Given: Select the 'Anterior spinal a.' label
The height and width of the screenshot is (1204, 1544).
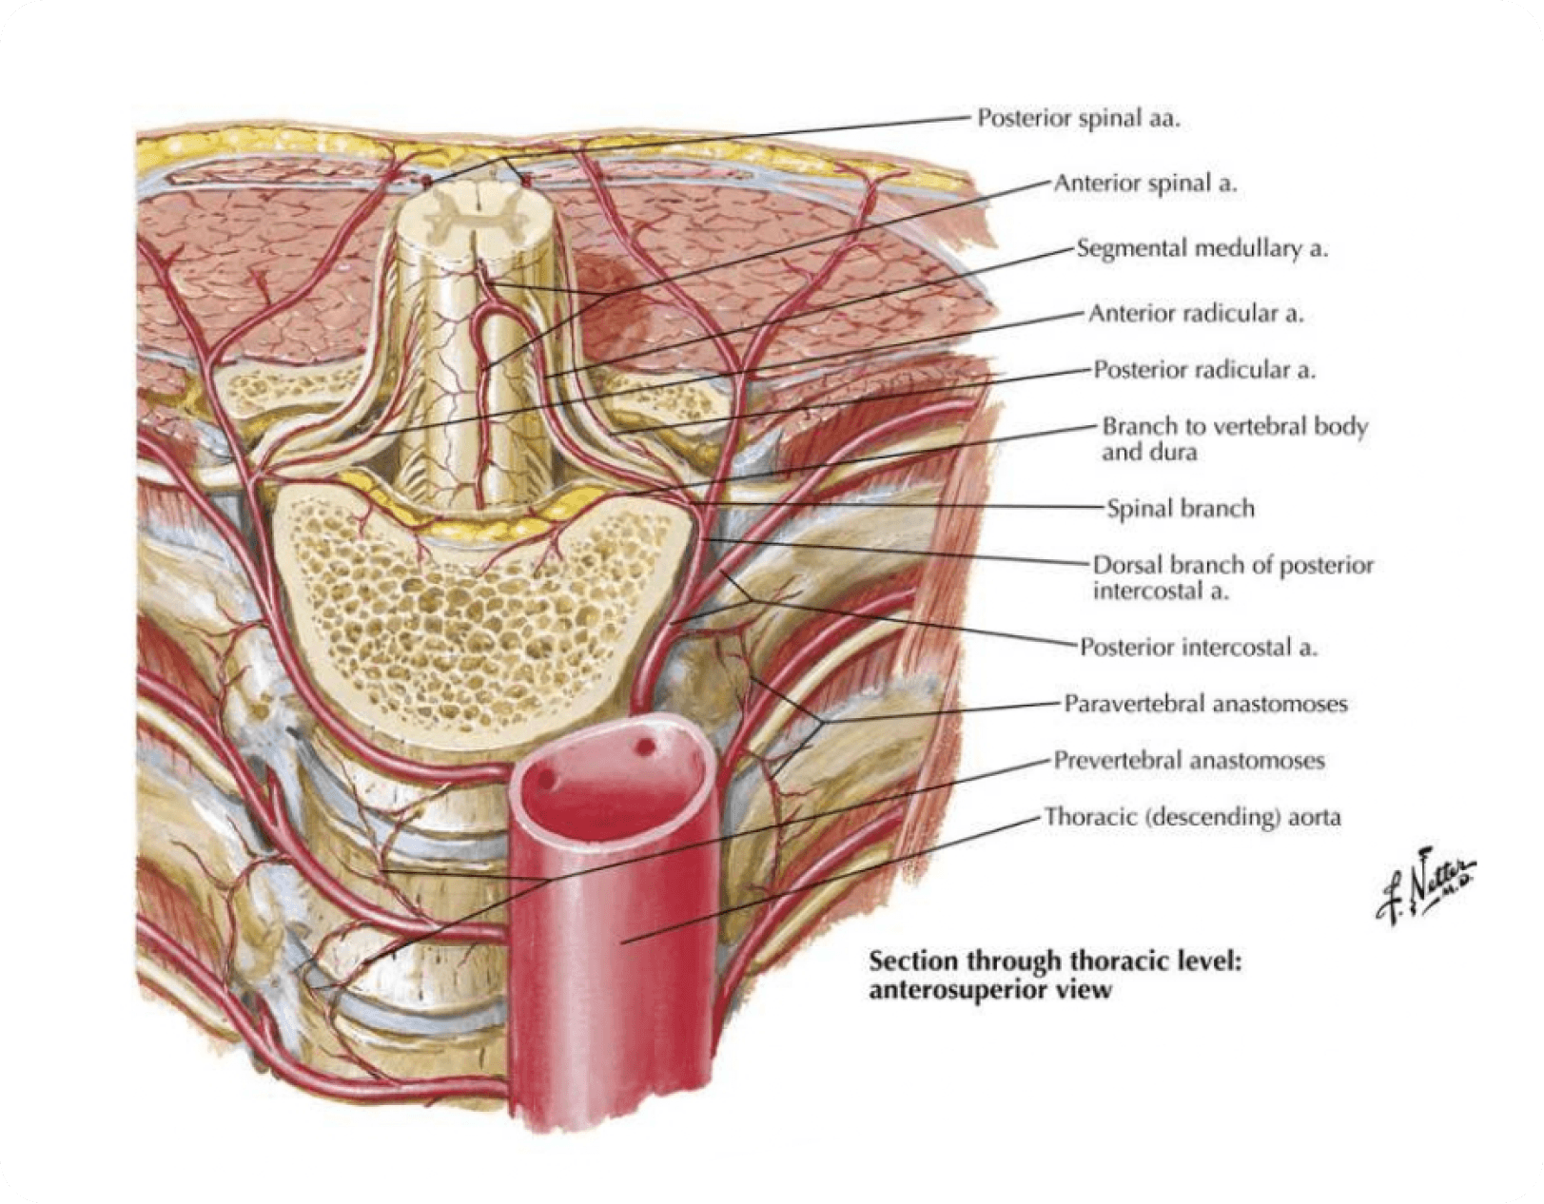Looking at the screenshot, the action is tap(1144, 184).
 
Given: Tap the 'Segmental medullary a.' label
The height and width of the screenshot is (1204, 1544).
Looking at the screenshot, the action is tap(1202, 248).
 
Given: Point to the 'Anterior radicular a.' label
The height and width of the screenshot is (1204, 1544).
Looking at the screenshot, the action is tap(1196, 313).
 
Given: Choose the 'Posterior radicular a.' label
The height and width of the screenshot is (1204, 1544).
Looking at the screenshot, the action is tap(1204, 369).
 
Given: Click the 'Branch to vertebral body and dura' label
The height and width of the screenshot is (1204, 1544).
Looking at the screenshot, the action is tap(1234, 438).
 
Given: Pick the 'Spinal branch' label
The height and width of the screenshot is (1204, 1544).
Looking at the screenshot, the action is tap(1180, 509).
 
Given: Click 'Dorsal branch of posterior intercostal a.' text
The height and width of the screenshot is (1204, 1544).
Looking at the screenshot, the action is tap(1233, 577).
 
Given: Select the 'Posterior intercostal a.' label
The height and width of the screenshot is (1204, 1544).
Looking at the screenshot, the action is tap(1198, 648).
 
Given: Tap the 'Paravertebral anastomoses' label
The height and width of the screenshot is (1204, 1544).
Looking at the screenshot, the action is tap(1205, 704).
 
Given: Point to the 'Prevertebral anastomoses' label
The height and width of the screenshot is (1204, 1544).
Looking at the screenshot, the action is tap(1189, 760).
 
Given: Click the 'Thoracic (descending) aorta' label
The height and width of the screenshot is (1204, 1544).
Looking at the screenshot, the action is tap(1193, 816).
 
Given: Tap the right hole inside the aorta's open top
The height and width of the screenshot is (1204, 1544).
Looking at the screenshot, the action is tap(646, 748).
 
